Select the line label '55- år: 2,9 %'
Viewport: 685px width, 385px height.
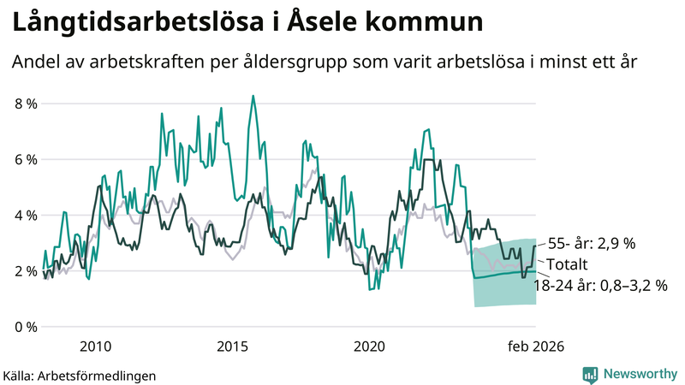(591, 243)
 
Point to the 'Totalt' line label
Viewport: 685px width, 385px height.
(569, 264)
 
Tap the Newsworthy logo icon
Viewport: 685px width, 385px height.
(590, 374)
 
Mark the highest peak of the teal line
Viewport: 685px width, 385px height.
(253, 96)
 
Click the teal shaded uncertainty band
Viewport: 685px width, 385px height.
(505, 291)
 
